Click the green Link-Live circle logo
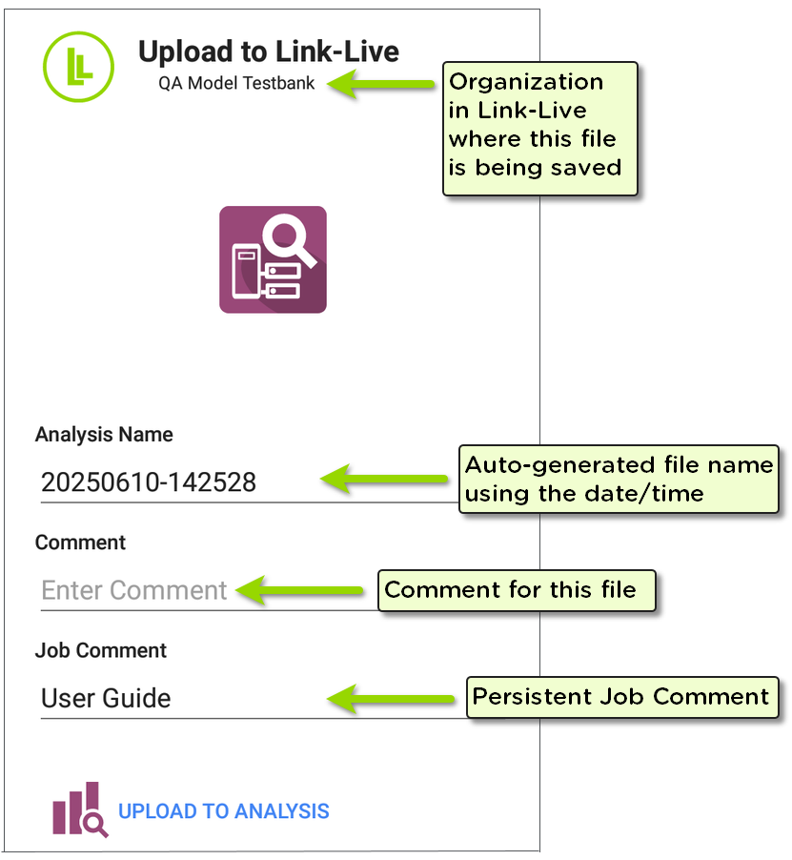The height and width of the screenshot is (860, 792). [78, 67]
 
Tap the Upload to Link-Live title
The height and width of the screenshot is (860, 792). [269, 51]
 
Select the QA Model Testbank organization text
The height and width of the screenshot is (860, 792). [237, 83]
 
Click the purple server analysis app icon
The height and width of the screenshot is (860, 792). [274, 259]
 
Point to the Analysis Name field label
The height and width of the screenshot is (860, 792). [104, 435]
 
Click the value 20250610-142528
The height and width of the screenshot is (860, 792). [149, 482]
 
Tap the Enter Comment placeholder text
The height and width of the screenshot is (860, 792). [134, 590]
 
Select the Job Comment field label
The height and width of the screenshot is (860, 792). [101, 650]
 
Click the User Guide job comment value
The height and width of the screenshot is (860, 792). [106, 698]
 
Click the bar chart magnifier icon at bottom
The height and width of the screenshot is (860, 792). [78, 810]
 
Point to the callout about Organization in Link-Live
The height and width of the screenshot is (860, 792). [540, 128]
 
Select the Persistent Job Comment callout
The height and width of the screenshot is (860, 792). [621, 697]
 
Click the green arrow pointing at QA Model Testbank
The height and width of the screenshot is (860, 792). [381, 85]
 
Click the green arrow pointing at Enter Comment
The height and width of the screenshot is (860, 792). [301, 590]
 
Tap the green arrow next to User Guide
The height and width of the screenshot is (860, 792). [391, 698]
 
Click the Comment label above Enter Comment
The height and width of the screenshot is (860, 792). [80, 543]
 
